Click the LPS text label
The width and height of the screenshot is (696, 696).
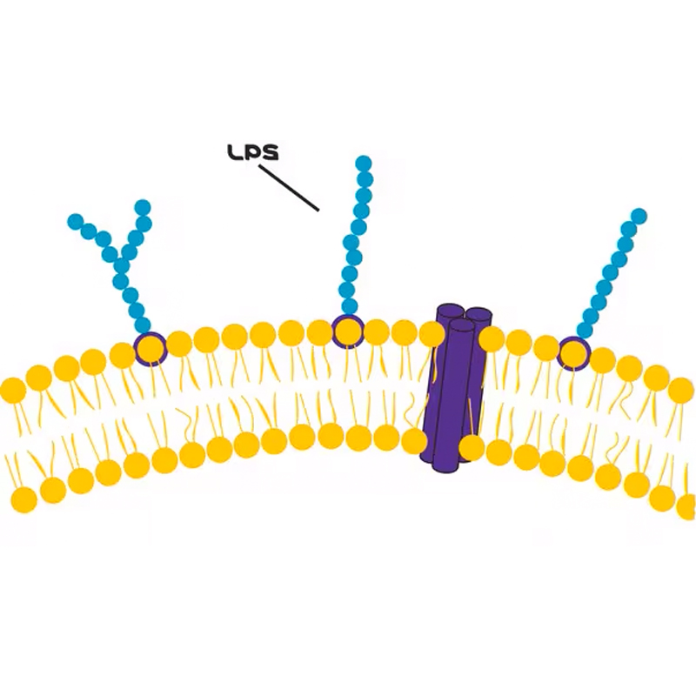253,152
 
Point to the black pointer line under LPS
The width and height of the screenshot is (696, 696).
289,188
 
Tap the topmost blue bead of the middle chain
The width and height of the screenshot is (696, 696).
364,164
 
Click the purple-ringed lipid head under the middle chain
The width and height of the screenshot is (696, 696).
348,331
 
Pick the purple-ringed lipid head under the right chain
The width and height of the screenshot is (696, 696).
574,352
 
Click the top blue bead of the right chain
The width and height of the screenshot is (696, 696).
639,216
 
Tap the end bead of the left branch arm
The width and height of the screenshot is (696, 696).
76,222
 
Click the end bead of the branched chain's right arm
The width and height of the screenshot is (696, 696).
143,208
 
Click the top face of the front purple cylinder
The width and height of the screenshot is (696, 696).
462,325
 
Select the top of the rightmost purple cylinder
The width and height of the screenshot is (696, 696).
478,313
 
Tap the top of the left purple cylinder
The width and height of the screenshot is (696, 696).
451,310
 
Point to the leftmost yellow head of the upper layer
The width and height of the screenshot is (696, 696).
13,390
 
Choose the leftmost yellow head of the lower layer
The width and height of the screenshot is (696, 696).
24,499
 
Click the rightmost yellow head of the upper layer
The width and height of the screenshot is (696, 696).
681,391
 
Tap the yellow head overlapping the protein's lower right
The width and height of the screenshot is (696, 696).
472,447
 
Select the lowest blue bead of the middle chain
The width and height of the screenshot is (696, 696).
350,305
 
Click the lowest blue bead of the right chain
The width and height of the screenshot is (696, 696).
585,330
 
